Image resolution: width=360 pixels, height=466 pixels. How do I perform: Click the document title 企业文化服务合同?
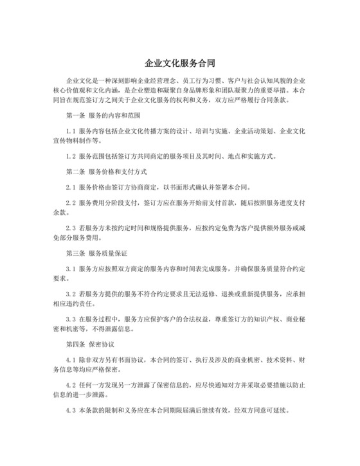click(179, 64)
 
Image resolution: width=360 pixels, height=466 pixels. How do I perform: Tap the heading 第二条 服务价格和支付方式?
click(107, 172)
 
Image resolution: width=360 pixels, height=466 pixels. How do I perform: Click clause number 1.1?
click(71, 130)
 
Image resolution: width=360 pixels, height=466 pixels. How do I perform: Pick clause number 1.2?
click(71, 156)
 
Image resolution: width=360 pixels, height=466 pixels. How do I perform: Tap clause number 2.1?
click(71, 188)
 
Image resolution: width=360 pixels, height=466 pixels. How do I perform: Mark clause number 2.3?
click(71, 228)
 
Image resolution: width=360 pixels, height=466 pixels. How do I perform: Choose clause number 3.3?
click(71, 319)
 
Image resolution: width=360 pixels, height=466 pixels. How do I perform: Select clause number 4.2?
click(71, 386)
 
